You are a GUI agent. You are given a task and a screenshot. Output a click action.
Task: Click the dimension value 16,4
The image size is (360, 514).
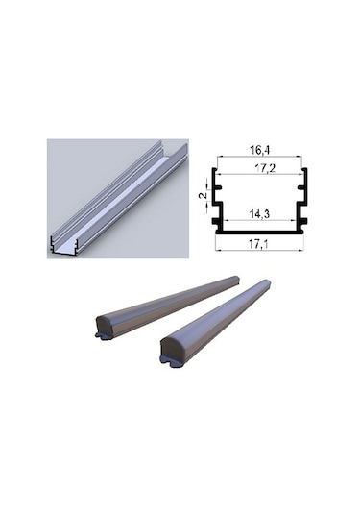tap(259, 150)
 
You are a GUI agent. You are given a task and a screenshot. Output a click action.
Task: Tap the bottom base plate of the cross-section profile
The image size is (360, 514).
tap(259, 232)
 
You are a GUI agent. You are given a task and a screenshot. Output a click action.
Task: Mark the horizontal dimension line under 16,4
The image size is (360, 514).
tap(259, 159)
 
